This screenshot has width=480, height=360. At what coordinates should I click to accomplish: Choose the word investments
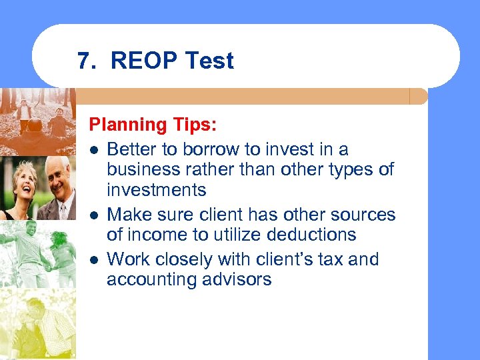click(157, 190)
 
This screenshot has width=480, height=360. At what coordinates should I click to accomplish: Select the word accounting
click(153, 279)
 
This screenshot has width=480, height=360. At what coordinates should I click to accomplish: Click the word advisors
click(238, 279)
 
